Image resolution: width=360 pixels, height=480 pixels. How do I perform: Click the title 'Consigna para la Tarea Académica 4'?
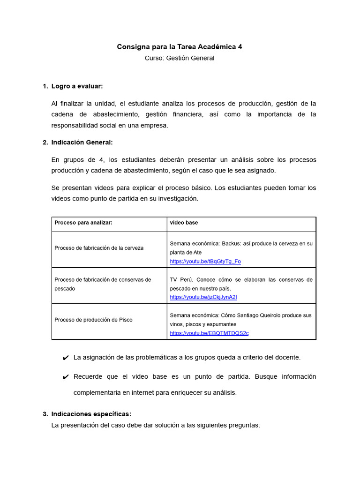pyautogui.click(x=180, y=47)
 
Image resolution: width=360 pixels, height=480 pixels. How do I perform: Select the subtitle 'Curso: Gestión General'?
pyautogui.click(x=180, y=58)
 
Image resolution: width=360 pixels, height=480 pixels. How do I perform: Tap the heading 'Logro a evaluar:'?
pyautogui.click(x=77, y=86)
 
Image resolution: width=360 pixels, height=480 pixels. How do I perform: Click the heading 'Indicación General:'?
pyautogui.click(x=82, y=142)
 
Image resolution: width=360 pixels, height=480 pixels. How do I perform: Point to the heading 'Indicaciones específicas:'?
pyautogui.click(x=91, y=414)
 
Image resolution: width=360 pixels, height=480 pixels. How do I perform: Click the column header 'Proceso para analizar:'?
pyautogui.click(x=83, y=223)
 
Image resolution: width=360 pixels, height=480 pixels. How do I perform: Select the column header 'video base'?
pyautogui.click(x=184, y=223)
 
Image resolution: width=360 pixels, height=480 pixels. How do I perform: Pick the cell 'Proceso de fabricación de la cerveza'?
pyautogui.click(x=99, y=248)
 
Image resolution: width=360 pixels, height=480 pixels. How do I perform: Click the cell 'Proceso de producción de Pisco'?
pyautogui.click(x=93, y=320)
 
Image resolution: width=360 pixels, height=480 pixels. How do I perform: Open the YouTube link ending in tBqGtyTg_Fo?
pyautogui.click(x=205, y=262)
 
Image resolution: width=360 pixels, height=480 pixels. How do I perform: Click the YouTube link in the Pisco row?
pyautogui.click(x=209, y=333)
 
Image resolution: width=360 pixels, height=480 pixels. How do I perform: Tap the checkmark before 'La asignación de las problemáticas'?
pyautogui.click(x=66, y=358)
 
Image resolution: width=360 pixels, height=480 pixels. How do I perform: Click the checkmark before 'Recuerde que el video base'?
pyautogui.click(x=66, y=377)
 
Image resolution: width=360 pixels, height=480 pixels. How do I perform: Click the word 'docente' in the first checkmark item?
pyautogui.click(x=288, y=358)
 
